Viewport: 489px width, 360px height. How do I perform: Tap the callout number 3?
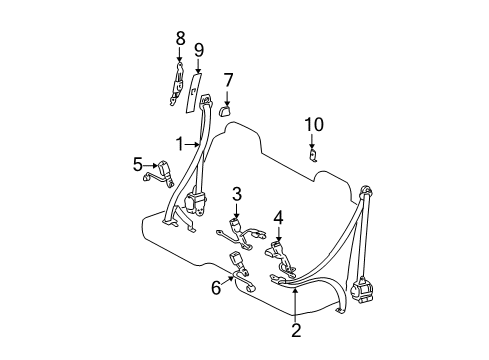coord(237,193)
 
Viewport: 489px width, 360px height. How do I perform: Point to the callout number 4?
coord(279,216)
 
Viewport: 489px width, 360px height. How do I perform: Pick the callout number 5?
coord(138,165)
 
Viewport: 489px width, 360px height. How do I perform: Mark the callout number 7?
coord(228,80)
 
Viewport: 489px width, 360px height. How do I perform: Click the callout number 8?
coord(180,39)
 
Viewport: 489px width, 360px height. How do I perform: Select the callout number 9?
coord(198,49)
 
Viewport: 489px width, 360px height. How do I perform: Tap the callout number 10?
coord(314,124)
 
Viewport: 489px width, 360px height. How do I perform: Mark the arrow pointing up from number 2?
coord(295,300)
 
